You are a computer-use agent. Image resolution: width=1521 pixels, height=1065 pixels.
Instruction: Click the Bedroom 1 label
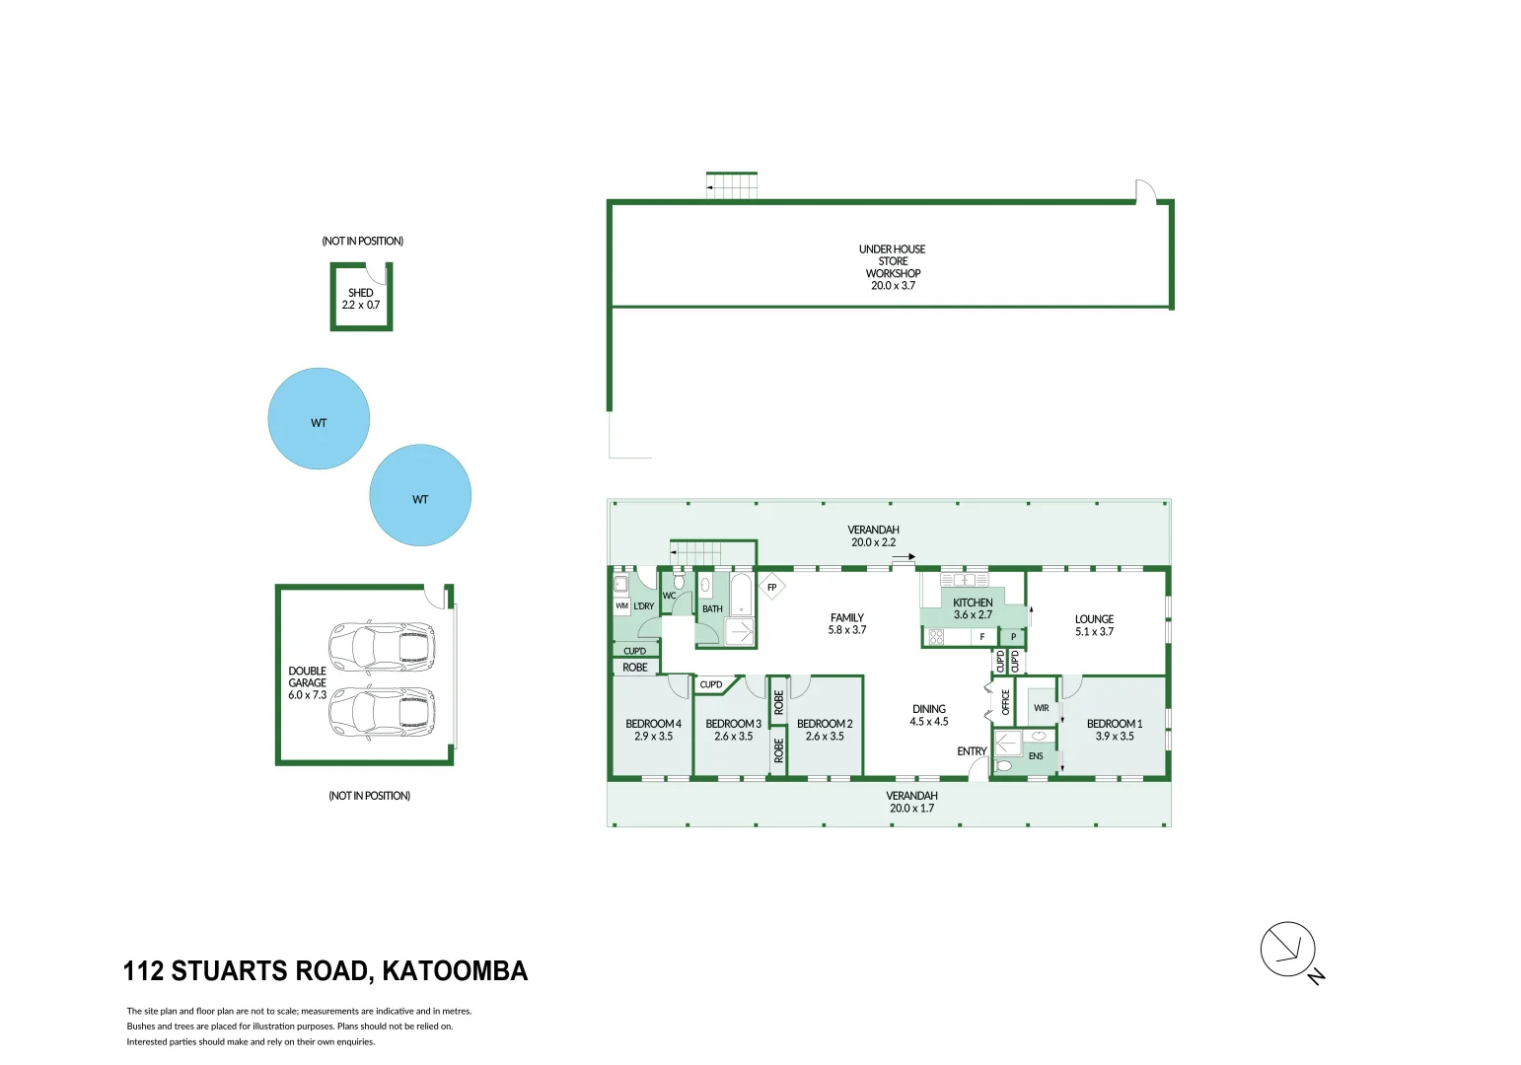point(1115,730)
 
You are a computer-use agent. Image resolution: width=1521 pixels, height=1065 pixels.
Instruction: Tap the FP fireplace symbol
point(772,587)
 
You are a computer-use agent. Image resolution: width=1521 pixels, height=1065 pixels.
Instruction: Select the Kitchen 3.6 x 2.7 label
point(973,608)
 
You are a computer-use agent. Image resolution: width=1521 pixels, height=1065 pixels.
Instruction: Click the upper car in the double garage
point(382,646)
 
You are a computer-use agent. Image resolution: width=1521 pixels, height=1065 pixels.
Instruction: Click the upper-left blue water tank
point(319,419)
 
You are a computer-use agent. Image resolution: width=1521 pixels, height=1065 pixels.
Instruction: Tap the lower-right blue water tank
point(420,495)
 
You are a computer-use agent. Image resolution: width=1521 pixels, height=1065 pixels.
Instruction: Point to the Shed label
point(361,299)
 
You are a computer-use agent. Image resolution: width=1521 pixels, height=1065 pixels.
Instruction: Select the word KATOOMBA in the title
point(455,971)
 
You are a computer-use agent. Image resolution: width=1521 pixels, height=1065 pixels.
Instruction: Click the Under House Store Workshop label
point(893,267)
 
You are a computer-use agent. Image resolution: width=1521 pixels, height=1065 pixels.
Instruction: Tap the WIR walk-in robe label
point(1041,708)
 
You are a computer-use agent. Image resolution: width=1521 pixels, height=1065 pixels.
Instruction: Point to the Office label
point(1006,702)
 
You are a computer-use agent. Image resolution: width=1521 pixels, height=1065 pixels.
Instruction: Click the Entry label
point(972,751)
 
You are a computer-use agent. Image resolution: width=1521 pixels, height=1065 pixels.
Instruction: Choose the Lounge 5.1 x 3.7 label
point(1094,625)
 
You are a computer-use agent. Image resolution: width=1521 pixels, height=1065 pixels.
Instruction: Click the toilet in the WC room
point(679,581)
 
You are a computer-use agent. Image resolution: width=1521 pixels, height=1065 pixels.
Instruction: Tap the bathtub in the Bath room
point(741,594)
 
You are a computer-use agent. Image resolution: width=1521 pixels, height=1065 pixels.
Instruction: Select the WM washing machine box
point(621,605)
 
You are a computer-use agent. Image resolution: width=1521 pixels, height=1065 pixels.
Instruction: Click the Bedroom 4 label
point(653,730)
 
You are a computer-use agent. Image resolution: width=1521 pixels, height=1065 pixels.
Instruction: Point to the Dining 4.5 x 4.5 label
point(929,716)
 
